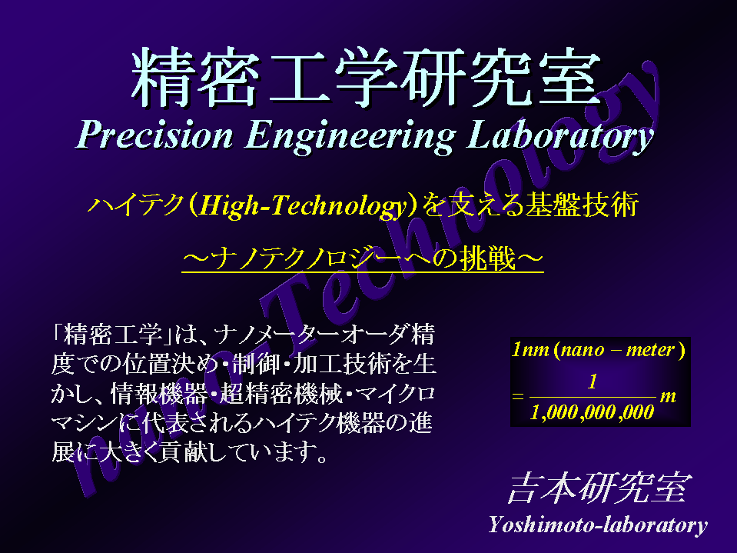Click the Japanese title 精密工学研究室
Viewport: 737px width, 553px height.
366,77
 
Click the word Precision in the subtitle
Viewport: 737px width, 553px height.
154,135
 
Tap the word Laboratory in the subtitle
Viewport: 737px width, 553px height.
559,136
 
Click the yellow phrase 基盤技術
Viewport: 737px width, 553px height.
582,205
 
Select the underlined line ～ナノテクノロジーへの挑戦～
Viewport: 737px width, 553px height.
363,258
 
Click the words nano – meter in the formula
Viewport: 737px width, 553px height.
618,350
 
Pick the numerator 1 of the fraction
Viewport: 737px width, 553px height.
593,381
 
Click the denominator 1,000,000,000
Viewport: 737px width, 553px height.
593,413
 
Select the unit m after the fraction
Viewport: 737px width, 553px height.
667,397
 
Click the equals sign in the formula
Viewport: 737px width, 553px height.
517,397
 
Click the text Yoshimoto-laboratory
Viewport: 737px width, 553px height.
598,525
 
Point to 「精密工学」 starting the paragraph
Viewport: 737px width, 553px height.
112,335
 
